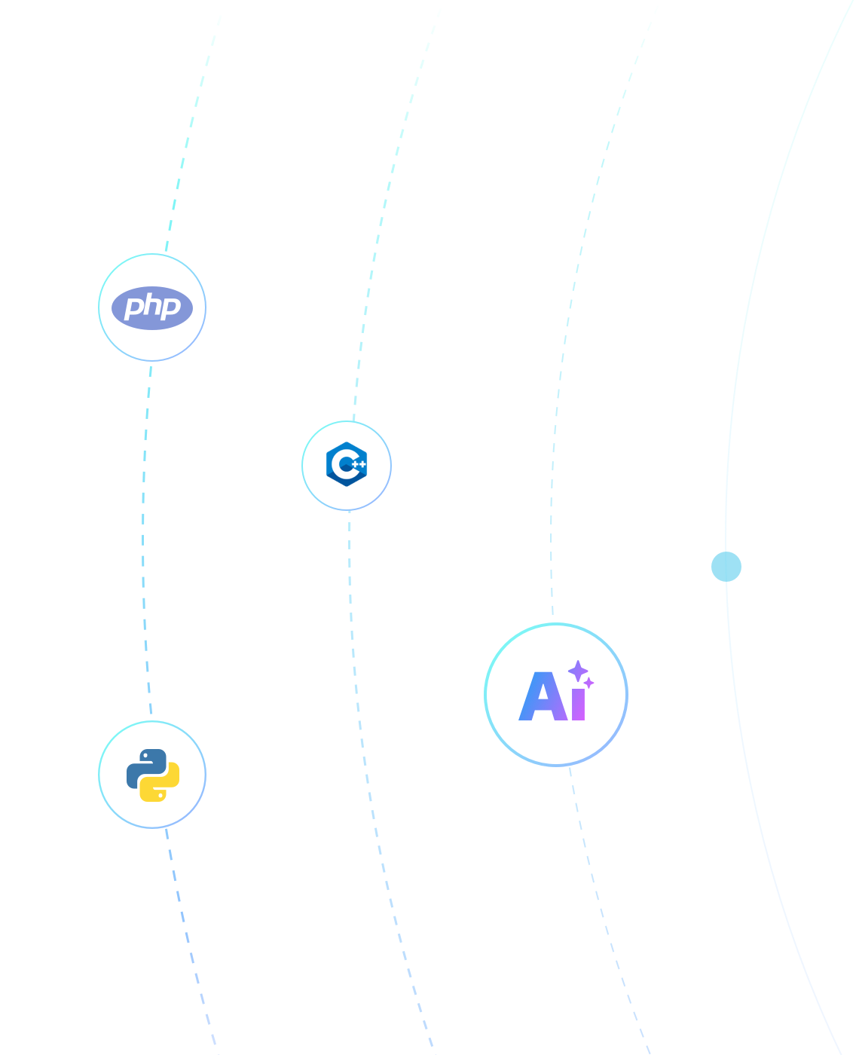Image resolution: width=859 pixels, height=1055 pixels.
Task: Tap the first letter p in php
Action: (x=133, y=307)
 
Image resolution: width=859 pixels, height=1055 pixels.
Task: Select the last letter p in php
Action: (x=170, y=307)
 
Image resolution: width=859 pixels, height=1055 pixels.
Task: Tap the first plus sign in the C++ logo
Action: (x=355, y=464)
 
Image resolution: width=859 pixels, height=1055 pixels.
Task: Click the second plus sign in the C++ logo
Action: (x=362, y=464)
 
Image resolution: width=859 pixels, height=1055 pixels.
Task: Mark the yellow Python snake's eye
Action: (x=160, y=795)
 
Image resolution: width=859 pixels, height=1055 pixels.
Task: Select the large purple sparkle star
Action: (x=578, y=671)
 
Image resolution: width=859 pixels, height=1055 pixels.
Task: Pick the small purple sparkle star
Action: (x=588, y=683)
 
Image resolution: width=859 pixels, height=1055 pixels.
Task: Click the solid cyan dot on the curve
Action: (x=726, y=567)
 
